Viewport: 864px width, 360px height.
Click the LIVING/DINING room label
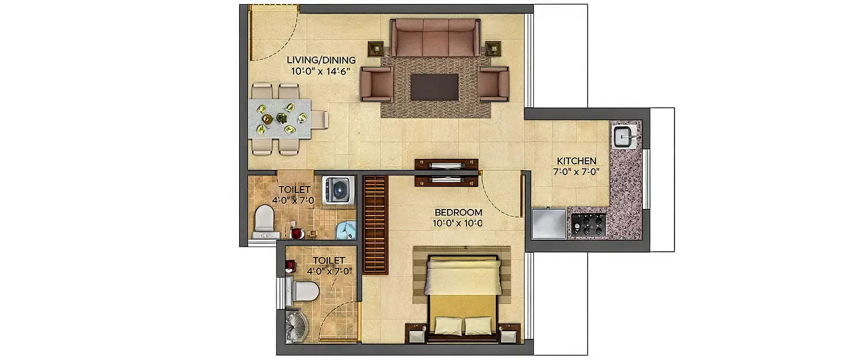pos(321,60)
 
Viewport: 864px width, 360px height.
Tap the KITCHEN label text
pos(576,161)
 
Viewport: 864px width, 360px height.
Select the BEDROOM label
pos(458,212)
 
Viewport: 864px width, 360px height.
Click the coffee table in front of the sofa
pos(434,86)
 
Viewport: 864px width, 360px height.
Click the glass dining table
pos(280,119)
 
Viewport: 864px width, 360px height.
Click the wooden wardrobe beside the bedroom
pos(374,225)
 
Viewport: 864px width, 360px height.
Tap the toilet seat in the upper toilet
pos(264,219)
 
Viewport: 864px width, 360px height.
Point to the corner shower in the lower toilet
pos(297,327)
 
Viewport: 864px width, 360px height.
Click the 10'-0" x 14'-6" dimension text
pos(322,71)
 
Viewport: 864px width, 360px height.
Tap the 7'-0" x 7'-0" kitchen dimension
pos(576,171)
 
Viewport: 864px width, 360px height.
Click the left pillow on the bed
pos(448,325)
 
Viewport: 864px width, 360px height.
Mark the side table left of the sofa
pos(376,48)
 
